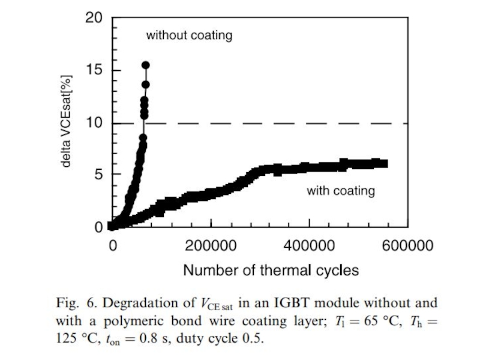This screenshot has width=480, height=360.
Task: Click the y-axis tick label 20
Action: point(93,19)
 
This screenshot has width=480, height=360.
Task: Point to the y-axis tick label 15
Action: point(93,71)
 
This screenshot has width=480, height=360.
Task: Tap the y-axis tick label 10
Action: point(93,123)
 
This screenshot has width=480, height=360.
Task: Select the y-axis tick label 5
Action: point(98,175)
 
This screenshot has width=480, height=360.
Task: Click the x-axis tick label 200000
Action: point(211,246)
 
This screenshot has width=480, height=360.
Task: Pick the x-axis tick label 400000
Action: point(309,246)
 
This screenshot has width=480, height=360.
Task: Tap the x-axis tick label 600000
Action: point(407,246)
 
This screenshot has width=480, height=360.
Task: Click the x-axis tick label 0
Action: point(112,246)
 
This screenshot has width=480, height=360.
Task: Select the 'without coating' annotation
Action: point(189,35)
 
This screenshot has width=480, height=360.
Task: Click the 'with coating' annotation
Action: point(341,191)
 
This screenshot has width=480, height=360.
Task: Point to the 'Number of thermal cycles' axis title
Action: point(271,270)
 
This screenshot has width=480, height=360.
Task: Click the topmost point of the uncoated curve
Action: point(145,65)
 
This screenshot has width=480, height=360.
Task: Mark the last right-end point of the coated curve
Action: point(384,163)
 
